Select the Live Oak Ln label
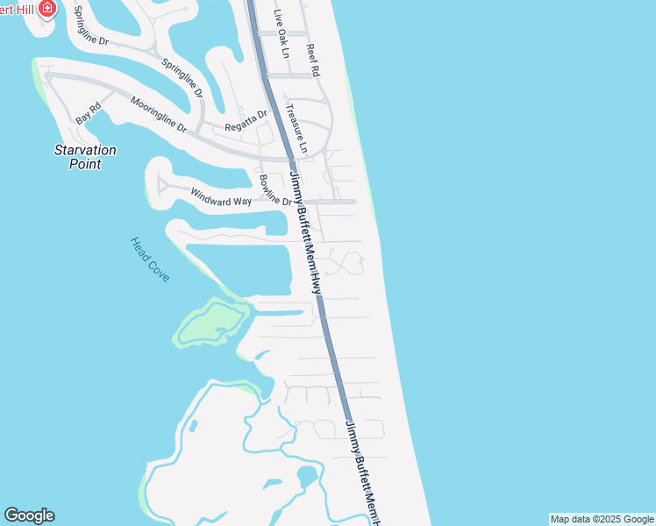281,33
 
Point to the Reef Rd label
313,59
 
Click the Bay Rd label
89,112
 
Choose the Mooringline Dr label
159,114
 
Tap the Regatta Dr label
245,120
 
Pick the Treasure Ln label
297,131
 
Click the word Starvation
85,150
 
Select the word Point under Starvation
85,164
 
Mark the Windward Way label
221,195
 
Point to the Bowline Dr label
275,191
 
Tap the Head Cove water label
150,259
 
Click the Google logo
29,515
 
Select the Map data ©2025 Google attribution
602,519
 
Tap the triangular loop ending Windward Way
162,185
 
